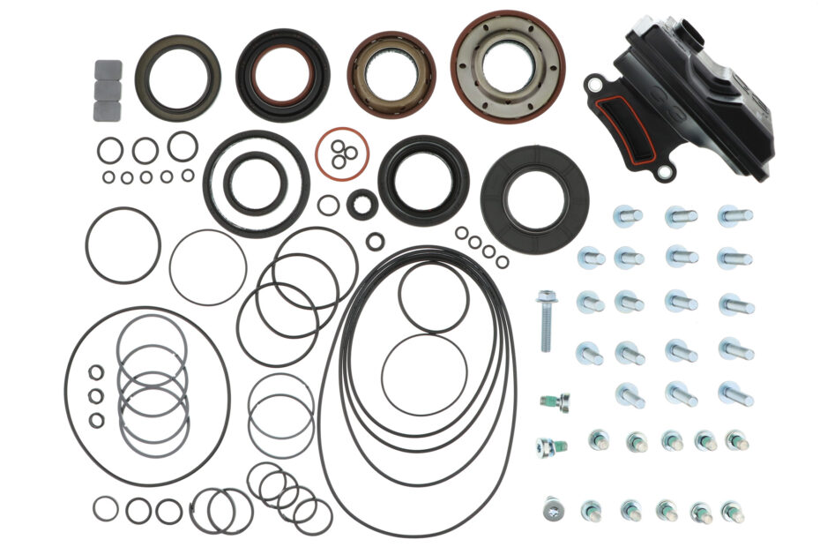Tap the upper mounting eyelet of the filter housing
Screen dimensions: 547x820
[596, 85]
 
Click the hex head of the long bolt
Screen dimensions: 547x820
[547, 297]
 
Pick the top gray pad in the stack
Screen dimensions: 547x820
[108, 69]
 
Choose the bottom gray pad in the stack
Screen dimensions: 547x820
[108, 109]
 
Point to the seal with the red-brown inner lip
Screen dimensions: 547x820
[283, 74]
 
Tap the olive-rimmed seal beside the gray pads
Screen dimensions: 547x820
[177, 77]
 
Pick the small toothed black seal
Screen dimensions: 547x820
[362, 204]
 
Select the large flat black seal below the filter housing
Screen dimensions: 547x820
[534, 200]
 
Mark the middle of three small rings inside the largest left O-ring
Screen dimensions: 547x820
[96, 396]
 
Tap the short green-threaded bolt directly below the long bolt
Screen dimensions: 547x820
[555, 401]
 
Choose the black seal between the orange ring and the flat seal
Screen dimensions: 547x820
[423, 180]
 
